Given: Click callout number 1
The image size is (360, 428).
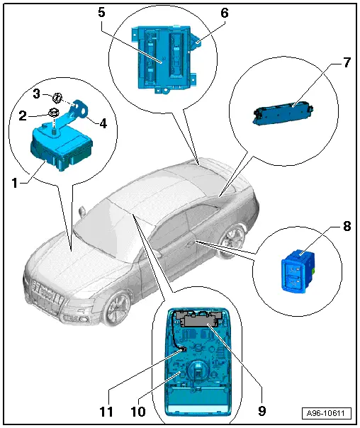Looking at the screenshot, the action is click(x=15, y=183).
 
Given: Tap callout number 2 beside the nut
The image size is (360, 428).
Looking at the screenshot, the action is click(x=23, y=116).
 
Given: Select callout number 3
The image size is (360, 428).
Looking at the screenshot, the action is click(x=37, y=94).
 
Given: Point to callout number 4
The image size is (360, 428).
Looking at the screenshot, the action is click(x=103, y=123).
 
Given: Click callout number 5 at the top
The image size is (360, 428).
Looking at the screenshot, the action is click(x=101, y=13).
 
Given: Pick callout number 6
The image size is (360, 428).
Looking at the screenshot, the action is click(x=225, y=13).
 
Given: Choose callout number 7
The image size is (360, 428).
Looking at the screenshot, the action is click(x=347, y=62).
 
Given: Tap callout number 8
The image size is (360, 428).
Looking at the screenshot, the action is click(x=347, y=226).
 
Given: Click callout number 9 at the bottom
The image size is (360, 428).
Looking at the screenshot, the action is click(x=262, y=410).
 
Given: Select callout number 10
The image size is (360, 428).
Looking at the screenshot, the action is click(x=138, y=412).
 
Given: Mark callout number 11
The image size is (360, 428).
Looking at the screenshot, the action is click(x=106, y=412).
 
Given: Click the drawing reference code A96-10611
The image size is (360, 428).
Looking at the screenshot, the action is click(x=325, y=413).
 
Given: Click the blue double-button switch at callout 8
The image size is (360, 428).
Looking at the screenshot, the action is click(x=298, y=271).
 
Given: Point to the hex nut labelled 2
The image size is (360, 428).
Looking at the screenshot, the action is click(x=52, y=112).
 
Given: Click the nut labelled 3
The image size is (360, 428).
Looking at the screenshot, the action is click(x=57, y=98).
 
